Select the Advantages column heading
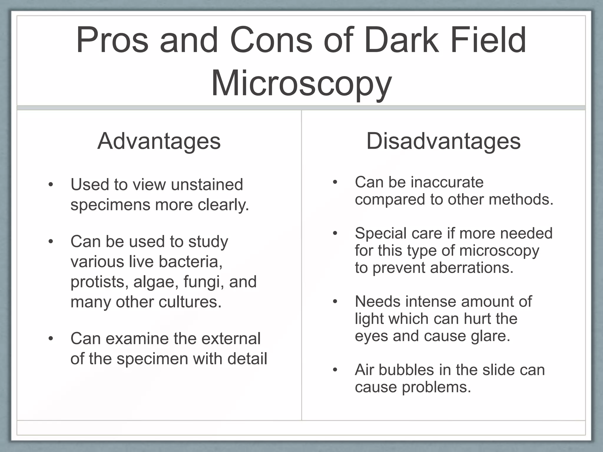tap(159, 141)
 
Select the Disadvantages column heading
tap(443, 141)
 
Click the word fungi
tap(203, 282)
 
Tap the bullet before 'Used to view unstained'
tap(51, 185)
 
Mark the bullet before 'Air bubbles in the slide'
tap(335, 370)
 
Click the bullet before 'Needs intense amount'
tap(335, 302)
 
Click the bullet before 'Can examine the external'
tap(51, 339)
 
